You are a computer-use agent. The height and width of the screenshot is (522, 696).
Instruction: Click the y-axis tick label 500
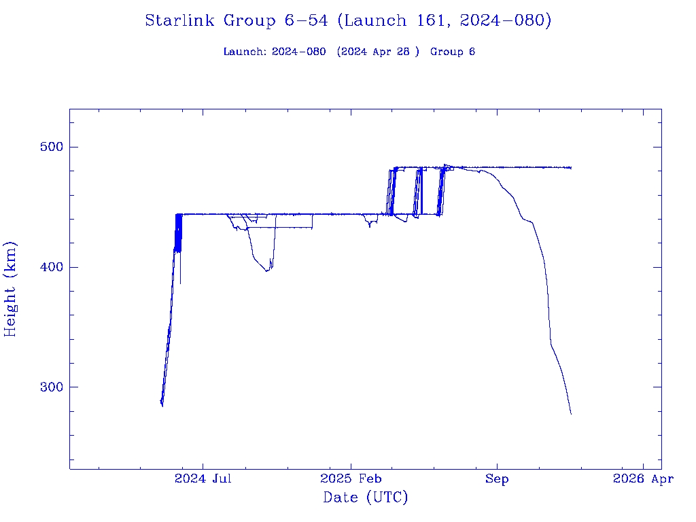[47, 147]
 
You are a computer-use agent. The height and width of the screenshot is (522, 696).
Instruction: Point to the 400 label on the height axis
[47, 267]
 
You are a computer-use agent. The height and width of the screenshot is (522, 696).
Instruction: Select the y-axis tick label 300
[47, 387]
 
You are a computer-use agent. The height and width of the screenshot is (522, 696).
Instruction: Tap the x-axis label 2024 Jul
[203, 479]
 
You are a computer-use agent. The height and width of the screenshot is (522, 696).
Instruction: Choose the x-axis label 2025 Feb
[350, 479]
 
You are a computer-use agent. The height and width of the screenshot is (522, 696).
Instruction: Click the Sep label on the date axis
[497, 479]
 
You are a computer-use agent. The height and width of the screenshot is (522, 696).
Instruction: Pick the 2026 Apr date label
[643, 479]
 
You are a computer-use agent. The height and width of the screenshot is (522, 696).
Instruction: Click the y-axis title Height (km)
[10, 289]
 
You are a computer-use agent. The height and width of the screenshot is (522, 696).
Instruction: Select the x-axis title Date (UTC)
[366, 498]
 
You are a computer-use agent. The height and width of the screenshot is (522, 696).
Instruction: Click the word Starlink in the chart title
[181, 21]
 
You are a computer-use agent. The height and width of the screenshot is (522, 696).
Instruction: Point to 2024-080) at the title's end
[505, 21]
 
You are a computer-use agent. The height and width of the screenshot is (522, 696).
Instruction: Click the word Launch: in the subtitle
[245, 52]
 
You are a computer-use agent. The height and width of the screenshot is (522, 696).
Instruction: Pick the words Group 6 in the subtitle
[452, 52]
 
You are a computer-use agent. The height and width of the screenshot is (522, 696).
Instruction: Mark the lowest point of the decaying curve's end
[571, 414]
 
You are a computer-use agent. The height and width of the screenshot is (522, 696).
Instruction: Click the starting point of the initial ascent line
[161, 402]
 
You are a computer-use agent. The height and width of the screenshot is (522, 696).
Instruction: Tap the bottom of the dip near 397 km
[267, 271]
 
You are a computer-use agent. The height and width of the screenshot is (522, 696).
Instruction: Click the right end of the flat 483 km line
[571, 167]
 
